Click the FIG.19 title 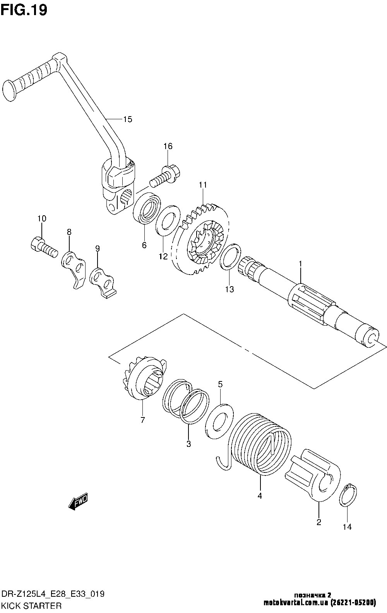tap(24, 10)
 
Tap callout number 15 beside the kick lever tap(127, 119)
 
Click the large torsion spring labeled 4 tap(260, 444)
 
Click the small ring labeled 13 tap(229, 257)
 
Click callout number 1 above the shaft tap(300, 264)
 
